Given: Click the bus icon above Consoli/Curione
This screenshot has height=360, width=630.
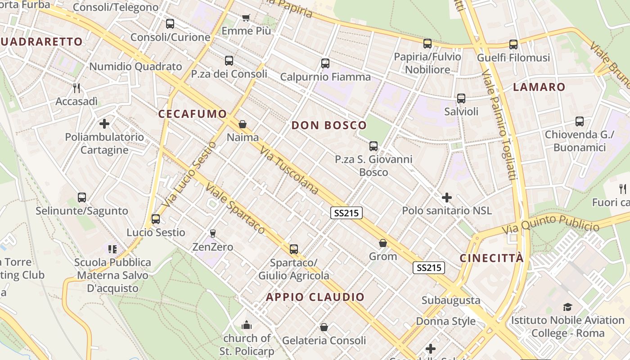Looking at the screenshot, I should pyautogui.click(x=170, y=24).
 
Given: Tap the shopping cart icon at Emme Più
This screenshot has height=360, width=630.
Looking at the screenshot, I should pyautogui.click(x=246, y=18).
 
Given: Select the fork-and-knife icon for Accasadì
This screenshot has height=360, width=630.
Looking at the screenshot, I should pyautogui.click(x=76, y=88).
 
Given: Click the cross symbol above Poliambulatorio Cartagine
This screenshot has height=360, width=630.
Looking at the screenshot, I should pyautogui.click(x=104, y=123).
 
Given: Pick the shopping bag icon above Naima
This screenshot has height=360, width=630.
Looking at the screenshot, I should pyautogui.click(x=243, y=124).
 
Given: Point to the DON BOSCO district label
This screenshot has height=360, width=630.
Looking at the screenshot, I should pyautogui.click(x=329, y=126).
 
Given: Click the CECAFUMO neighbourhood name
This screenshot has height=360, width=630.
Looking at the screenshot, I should pyautogui.click(x=192, y=114).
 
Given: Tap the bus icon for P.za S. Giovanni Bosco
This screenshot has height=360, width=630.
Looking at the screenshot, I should pyautogui.click(x=373, y=146).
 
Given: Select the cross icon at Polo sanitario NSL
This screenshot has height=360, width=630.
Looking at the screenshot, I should pyautogui.click(x=447, y=197).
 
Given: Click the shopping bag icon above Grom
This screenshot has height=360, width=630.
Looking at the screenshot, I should pyautogui.click(x=383, y=243).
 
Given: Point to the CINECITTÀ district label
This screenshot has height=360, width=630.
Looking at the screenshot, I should pyautogui.click(x=491, y=258).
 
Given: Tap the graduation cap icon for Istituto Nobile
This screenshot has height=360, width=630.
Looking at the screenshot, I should pyautogui.click(x=567, y=307).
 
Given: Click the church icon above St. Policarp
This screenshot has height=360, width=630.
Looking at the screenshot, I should pyautogui.click(x=247, y=325).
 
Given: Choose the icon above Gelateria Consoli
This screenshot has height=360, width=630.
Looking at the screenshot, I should pyautogui.click(x=324, y=327).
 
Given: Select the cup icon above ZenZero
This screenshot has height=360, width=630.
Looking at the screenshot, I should pyautogui.click(x=212, y=233).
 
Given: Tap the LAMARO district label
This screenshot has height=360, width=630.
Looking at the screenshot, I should pyautogui.click(x=539, y=87).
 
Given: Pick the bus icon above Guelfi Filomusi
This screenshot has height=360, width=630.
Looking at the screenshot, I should pyautogui.click(x=513, y=45).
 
